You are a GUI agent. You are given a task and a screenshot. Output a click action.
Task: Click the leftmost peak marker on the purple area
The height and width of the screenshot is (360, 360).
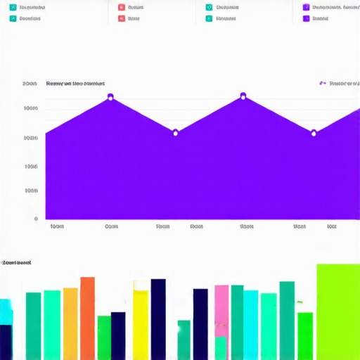point(110,96)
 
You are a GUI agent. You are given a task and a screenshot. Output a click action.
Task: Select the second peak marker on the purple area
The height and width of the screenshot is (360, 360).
point(243,96)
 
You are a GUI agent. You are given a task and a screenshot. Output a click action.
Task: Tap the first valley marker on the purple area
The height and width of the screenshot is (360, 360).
point(175,132)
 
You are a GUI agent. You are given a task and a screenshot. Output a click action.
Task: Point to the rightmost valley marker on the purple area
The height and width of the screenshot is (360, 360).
point(314,132)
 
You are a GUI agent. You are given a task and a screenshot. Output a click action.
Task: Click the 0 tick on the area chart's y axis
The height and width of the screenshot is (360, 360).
point(35,219)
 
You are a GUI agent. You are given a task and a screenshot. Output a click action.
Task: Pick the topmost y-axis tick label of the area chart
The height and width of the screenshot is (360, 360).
point(30,84)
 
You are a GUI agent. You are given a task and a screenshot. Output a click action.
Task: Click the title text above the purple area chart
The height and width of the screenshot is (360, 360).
point(75,84)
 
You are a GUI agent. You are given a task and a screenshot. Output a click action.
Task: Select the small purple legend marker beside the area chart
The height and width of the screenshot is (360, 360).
point(322,83)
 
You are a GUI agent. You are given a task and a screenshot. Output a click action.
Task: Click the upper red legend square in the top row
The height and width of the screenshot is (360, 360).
point(122,8)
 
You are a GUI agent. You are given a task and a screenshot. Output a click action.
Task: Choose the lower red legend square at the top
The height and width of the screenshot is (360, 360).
point(122,19)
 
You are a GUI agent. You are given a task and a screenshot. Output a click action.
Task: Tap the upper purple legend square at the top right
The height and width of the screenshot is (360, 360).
point(306,8)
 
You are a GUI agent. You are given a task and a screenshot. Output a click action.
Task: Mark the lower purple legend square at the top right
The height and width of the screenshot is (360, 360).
point(306,19)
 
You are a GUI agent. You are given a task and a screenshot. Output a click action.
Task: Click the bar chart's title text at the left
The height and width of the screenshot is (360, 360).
point(17,262)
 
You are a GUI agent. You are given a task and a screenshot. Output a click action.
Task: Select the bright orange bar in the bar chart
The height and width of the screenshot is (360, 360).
point(87,318)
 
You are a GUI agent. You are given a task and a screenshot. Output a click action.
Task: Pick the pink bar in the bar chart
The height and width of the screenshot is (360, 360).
point(221,309)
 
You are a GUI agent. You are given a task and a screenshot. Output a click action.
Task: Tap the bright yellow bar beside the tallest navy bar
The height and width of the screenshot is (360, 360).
point(141,324)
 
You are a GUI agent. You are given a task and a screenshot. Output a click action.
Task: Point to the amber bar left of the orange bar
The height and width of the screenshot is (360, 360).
point(70,323)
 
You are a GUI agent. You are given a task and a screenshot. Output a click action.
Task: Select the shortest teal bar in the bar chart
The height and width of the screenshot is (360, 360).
point(184,340)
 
